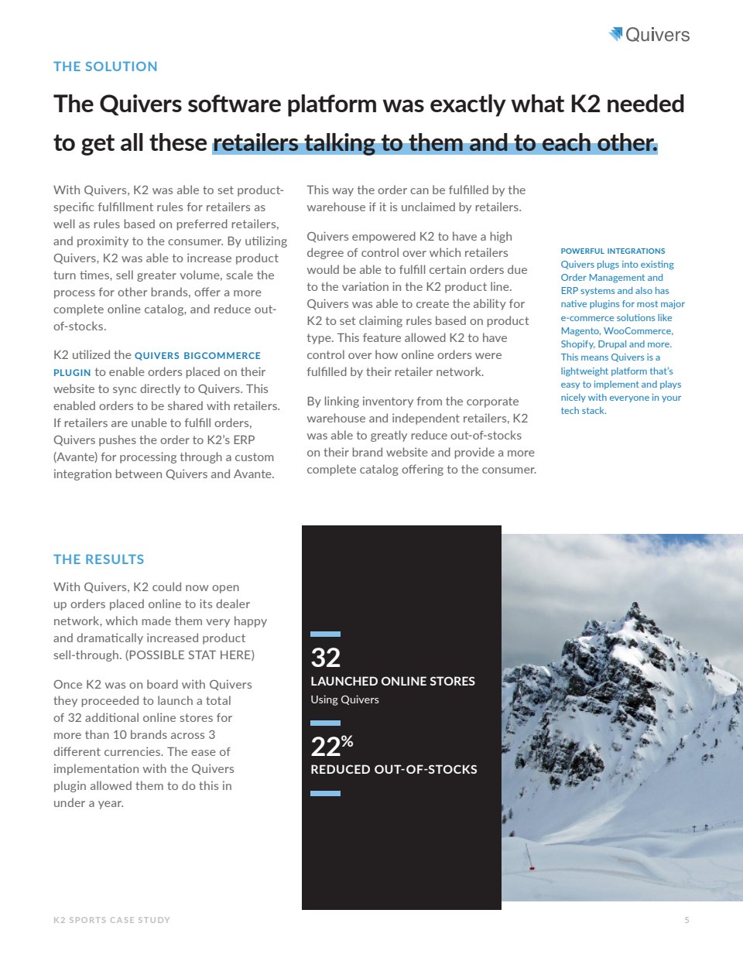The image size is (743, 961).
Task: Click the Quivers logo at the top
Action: (649, 35)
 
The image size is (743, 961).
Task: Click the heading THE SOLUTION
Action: (105, 67)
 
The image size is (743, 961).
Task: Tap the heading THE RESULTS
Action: (98, 559)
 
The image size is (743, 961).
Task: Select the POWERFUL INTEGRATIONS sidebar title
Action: (612, 251)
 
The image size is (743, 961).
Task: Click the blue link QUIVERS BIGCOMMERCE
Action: (197, 356)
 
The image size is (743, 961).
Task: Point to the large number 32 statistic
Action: (325, 658)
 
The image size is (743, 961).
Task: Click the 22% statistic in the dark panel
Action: (331, 746)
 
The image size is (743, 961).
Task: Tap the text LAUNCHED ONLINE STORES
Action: (392, 682)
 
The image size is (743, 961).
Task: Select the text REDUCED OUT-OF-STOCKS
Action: (393, 770)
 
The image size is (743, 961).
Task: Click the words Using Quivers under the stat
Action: (344, 699)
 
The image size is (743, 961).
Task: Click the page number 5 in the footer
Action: (687, 920)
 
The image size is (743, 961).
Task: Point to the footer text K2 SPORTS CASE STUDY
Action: (111, 920)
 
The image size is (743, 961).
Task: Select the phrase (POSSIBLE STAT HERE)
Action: (190, 655)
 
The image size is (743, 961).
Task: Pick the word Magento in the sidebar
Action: (580, 331)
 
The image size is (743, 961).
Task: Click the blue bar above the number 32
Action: (325, 634)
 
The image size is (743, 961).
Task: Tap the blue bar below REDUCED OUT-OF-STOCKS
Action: (325, 793)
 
